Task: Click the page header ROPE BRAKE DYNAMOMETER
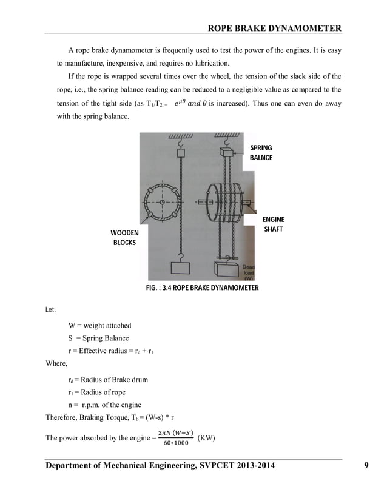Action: [274, 28]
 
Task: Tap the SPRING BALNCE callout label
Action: [261, 152]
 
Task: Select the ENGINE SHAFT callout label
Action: [273, 224]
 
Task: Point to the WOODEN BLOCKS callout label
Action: [124, 237]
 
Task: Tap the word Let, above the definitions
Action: [51, 310]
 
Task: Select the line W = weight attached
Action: [99, 326]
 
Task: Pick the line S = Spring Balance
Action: [98, 338]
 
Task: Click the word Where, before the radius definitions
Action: [59, 364]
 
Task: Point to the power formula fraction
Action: [176, 437]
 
